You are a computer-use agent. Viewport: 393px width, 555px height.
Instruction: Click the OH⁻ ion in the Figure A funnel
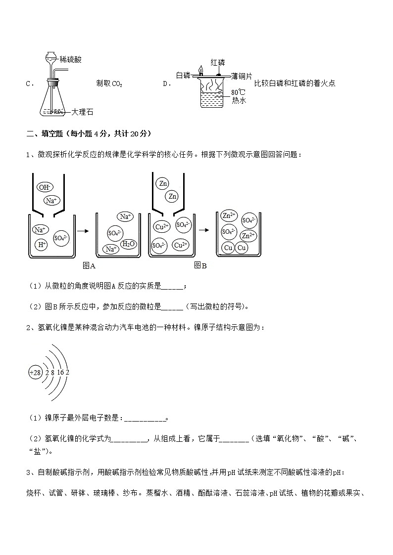(x=45, y=187)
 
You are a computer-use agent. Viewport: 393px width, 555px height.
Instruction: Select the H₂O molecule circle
(x=128, y=244)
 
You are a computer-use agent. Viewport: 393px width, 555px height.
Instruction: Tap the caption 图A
(x=89, y=265)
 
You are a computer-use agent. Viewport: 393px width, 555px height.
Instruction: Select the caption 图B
(x=200, y=265)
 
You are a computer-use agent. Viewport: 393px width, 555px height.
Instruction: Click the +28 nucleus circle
(x=36, y=372)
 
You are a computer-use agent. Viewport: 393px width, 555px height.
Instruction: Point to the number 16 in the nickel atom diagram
(x=60, y=372)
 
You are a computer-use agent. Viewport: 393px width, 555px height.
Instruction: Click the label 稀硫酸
(x=70, y=59)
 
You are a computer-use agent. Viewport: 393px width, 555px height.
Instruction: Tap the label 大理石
(x=82, y=112)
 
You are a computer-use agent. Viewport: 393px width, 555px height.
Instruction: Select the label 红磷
(x=218, y=62)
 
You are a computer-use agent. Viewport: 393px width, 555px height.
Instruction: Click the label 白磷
(x=183, y=75)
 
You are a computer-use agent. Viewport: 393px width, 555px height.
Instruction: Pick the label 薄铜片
(x=242, y=76)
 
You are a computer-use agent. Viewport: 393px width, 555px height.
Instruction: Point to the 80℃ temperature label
(x=238, y=92)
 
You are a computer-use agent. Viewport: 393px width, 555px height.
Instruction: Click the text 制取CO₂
(x=109, y=84)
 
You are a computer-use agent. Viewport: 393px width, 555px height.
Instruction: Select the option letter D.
(x=166, y=84)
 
